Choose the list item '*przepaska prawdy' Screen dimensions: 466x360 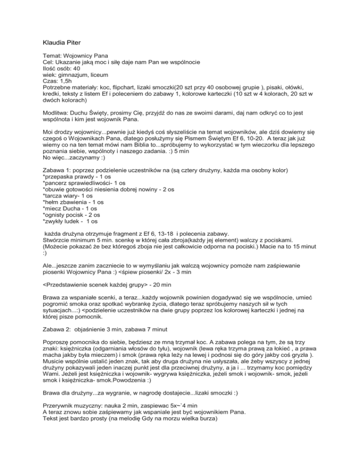pyautogui.click(x=70, y=192)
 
